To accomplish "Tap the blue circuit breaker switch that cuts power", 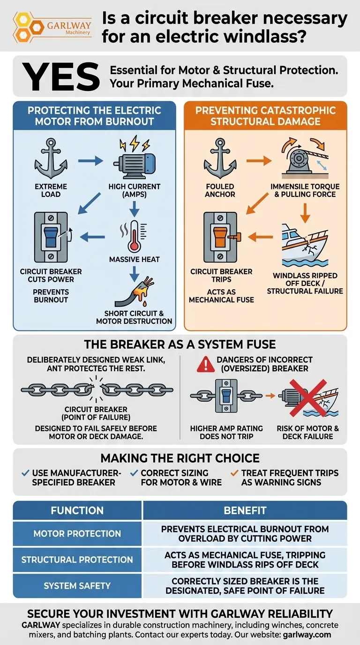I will (x=51, y=237).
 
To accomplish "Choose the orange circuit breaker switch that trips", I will (x=220, y=237).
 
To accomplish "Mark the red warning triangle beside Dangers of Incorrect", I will (x=206, y=364).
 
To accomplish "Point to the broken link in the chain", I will (x=97, y=390).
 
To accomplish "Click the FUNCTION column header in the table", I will (x=77, y=510).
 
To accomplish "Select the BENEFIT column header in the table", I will (x=245, y=510).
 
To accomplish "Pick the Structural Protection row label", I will (x=77, y=560).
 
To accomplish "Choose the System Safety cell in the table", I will (x=77, y=585).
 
